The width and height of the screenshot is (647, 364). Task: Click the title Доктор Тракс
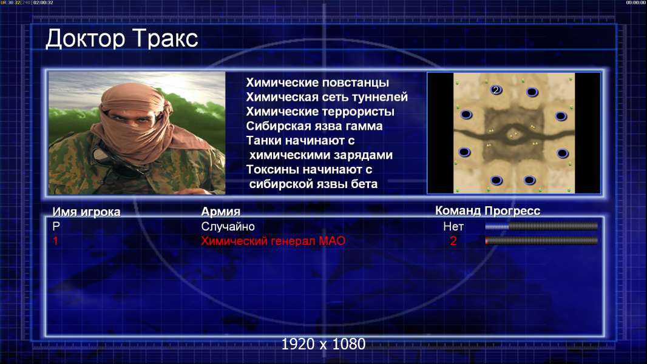[x=122, y=39]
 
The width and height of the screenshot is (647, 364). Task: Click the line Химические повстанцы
[x=317, y=83]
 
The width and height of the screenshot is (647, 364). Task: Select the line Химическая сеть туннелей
[x=327, y=97]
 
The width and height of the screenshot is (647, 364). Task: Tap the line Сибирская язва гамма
[x=314, y=126]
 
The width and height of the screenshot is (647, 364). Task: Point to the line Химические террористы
[x=320, y=112]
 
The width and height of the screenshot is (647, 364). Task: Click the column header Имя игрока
[x=86, y=212]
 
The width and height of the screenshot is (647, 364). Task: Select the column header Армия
[x=220, y=212]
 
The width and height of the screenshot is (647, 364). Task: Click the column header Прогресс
[x=512, y=211]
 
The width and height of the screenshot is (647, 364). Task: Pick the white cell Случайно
[x=228, y=226]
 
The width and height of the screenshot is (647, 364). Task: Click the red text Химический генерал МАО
[x=273, y=241]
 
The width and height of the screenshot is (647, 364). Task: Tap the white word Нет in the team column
[x=453, y=226]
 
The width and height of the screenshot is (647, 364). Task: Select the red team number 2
[x=453, y=241]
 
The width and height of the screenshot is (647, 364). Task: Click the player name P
[x=56, y=226]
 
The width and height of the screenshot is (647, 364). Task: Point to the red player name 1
[x=55, y=241]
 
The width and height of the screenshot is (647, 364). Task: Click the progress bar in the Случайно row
[x=541, y=226]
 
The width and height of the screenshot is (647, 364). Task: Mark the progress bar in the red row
[x=541, y=241]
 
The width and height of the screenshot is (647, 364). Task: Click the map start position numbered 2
[x=496, y=90]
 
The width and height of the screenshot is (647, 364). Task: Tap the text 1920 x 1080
[x=323, y=344]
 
